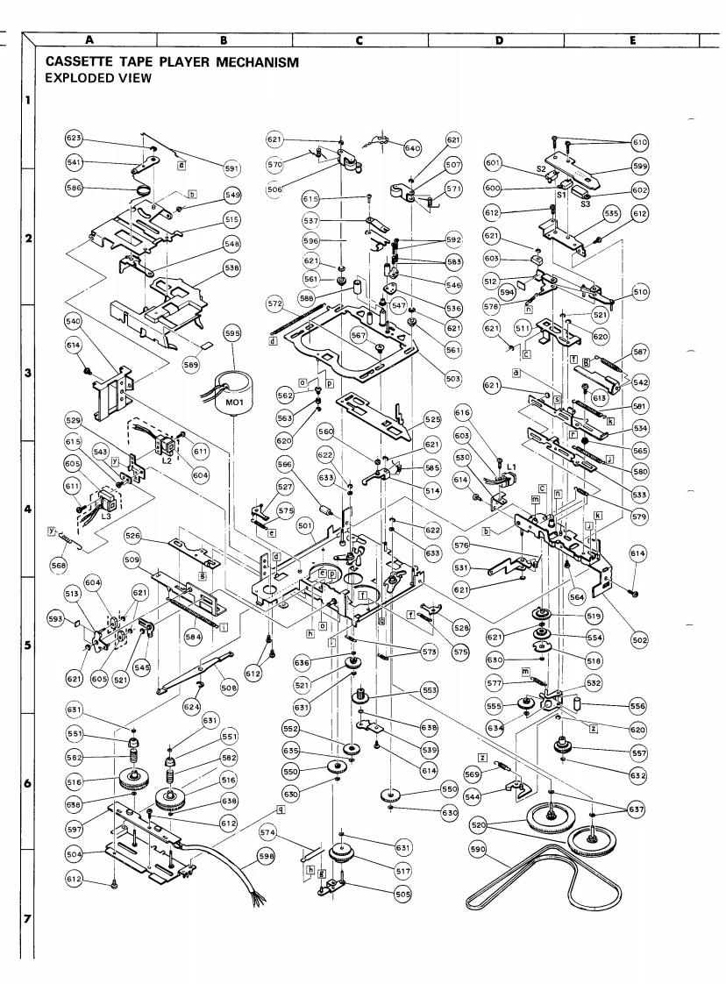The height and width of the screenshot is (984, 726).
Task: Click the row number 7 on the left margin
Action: pos(29,919)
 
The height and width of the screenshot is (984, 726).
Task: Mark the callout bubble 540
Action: pos(74,321)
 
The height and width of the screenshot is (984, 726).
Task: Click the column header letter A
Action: pos(89,39)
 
